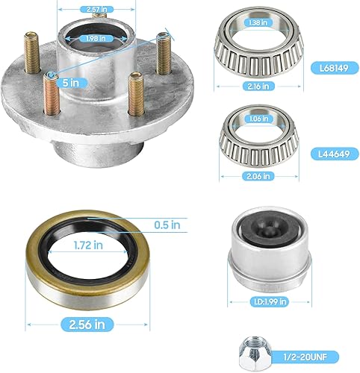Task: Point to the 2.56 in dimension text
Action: [81, 324]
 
